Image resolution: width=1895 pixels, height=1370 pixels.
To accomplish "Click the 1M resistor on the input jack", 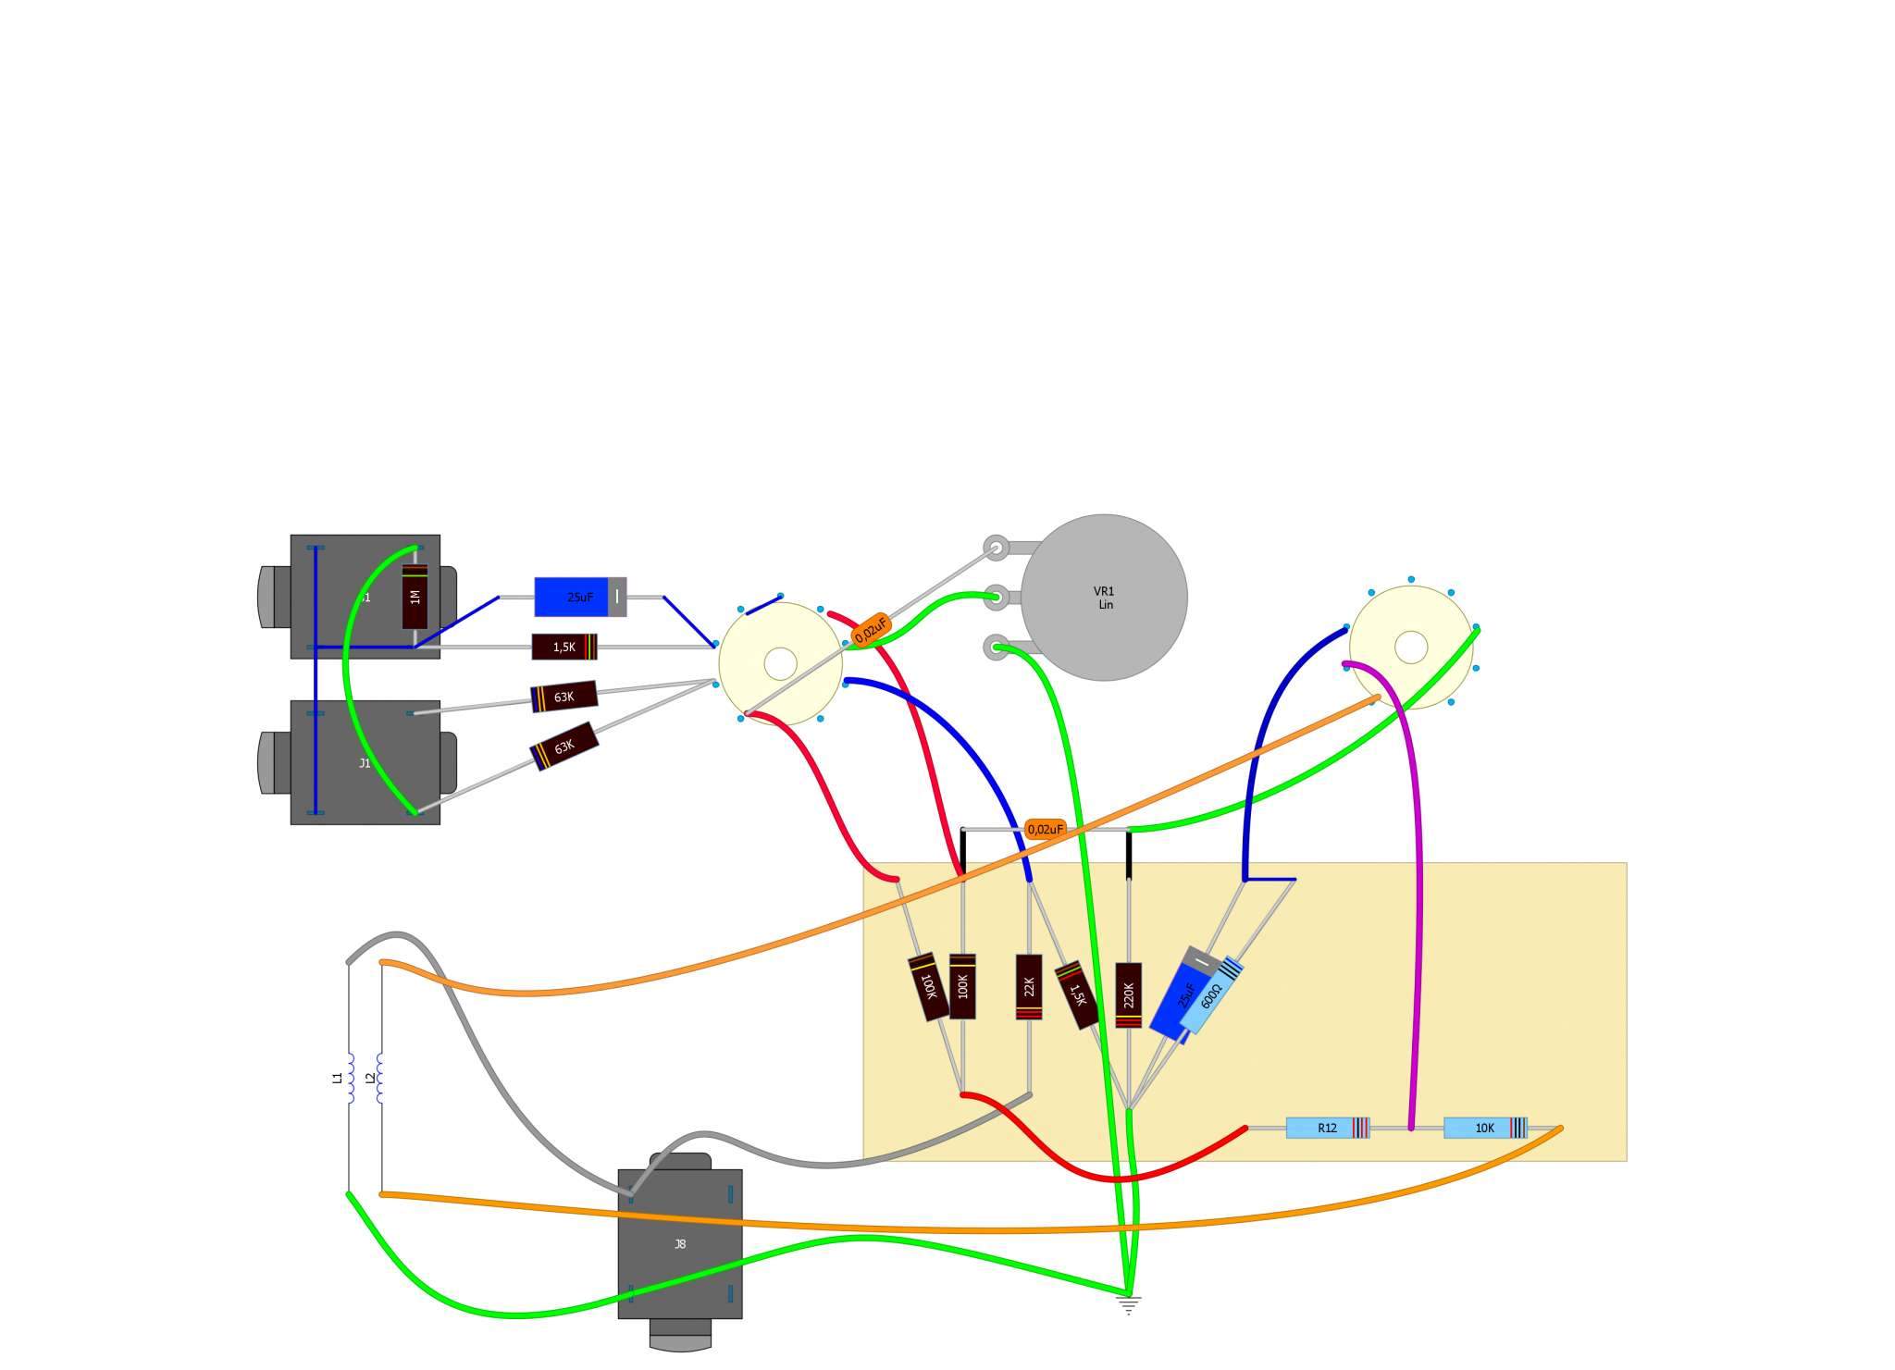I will [x=415, y=597].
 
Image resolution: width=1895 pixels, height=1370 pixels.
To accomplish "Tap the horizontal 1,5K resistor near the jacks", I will [x=564, y=647].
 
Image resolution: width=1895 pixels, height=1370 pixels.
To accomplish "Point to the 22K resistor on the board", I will [x=1029, y=987].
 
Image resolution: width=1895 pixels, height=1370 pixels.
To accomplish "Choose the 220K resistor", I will [x=1128, y=995].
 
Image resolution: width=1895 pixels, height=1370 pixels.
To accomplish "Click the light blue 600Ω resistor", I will [x=1211, y=995].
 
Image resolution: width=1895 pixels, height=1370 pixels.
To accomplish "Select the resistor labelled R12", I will [x=1327, y=1128].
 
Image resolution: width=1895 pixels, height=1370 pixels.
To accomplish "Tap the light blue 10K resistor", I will [x=1484, y=1128].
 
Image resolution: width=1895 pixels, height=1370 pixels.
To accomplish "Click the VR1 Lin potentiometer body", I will [x=1104, y=598].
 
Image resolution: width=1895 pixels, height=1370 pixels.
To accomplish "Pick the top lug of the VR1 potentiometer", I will [x=997, y=548].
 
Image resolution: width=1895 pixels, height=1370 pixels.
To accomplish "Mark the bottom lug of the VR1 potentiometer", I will [x=997, y=647].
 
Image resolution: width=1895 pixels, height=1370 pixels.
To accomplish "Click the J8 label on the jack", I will [x=680, y=1244].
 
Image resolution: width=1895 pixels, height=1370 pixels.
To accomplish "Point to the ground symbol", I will [x=1129, y=1304].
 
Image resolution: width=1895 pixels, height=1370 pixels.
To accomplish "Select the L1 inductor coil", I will [x=350, y=1078].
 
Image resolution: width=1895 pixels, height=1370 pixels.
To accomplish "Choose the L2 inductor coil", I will [x=380, y=1078].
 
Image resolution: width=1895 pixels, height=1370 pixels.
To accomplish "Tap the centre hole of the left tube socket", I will [x=781, y=663].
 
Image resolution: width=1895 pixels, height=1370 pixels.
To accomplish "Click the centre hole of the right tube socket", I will [x=1410, y=647].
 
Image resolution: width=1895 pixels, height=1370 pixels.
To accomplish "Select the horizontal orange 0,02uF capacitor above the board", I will [x=1046, y=829].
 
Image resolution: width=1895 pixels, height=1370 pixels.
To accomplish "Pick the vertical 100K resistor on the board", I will [x=962, y=986].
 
